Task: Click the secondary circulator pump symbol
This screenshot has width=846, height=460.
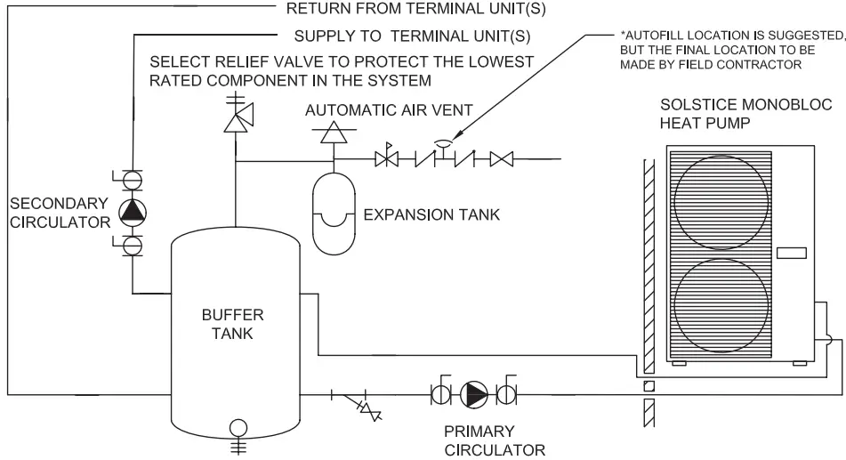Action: (x=133, y=210)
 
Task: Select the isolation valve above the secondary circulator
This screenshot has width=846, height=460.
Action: (x=133, y=178)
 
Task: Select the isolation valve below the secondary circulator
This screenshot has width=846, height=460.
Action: (x=133, y=243)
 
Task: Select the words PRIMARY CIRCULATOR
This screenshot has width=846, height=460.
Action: (x=494, y=440)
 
